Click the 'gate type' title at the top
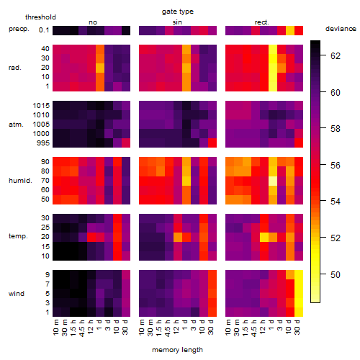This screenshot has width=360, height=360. coord(178,12)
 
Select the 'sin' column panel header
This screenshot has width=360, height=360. coord(177,22)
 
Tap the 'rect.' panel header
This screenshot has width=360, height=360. coord(261,22)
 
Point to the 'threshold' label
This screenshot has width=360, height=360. coord(40,17)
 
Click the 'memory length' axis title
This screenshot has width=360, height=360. coord(177,350)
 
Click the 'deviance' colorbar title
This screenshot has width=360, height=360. coord(341,29)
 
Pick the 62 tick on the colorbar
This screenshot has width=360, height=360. coord(336,56)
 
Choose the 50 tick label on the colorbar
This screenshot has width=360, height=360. coord(336,274)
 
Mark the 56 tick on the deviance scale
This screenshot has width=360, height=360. coord(336,165)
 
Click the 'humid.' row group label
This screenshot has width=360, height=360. coord(20,181)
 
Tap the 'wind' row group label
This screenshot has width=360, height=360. coord(17,294)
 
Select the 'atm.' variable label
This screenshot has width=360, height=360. coord(16,125)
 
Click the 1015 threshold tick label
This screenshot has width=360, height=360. coord(41,106)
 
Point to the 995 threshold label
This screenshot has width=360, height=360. coord(43,143)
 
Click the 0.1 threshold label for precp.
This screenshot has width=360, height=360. coord(44,30)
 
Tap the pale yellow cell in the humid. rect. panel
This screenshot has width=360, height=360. coord(273,181)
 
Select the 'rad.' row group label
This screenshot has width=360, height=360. coord(15,68)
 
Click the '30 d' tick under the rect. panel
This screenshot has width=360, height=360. coord(297,327)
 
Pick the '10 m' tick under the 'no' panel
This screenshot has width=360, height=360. coord(55,327)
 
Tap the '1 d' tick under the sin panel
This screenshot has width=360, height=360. coord(185,325)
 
